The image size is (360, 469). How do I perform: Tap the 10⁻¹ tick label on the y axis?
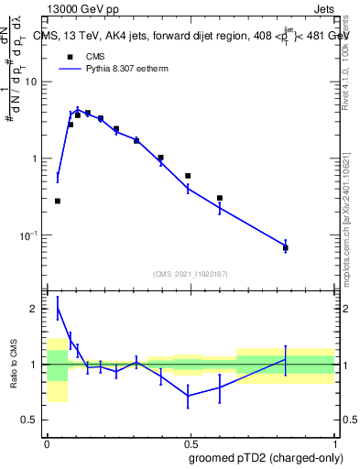pos(31,235)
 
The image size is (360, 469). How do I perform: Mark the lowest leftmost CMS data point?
pos(58,201)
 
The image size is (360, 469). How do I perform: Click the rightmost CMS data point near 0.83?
pos(286,247)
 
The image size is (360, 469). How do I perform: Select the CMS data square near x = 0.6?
pos(220,198)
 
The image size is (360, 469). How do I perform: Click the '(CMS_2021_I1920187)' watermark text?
pos(191,274)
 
